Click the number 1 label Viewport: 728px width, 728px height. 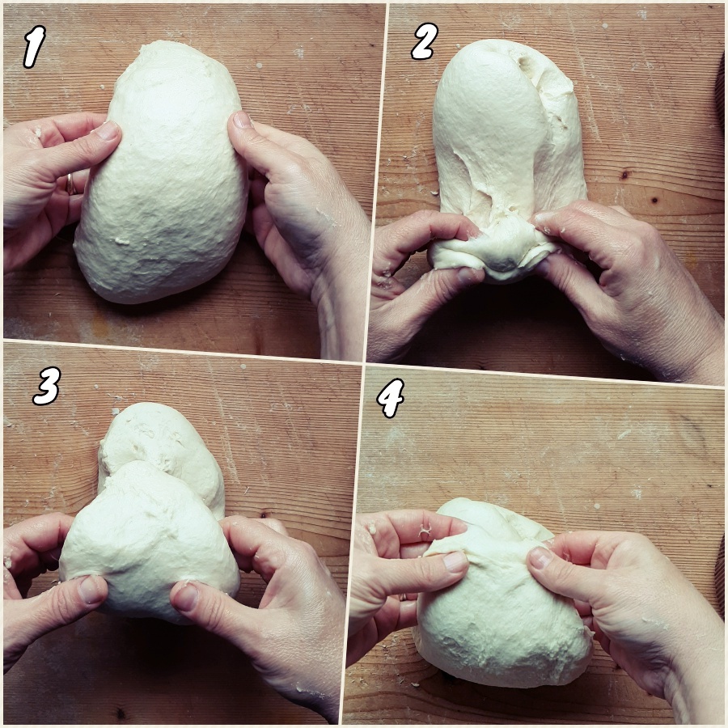tap(34, 46)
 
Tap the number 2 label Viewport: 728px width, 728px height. tap(424, 42)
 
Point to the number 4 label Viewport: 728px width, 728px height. tap(391, 397)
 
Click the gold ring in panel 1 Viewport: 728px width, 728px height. tap(70, 184)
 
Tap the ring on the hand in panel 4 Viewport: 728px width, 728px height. tap(402, 597)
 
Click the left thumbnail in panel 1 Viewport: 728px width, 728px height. tap(108, 131)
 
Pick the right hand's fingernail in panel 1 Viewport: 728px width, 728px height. tap(241, 120)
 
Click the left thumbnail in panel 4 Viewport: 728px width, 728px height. tap(454, 561)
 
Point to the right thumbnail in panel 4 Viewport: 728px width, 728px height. tap(538, 558)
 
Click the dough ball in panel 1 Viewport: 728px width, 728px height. tap(161, 171)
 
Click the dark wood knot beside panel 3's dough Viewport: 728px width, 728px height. tap(264, 515)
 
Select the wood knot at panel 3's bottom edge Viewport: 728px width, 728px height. tap(121, 712)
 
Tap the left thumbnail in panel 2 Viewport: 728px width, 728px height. tap(468, 275)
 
